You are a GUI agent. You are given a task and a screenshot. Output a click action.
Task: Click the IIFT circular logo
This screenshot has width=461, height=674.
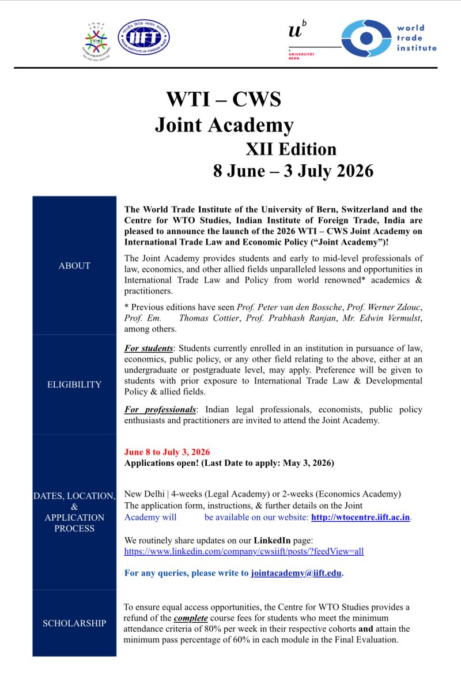point(143,37)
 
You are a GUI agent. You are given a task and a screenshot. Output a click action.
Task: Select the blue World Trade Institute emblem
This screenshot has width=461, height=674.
point(366,38)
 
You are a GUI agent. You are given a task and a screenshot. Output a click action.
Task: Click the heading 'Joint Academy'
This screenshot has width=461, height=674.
point(224,125)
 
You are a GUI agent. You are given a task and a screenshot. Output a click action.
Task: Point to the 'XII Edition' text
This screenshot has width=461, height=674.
point(291,149)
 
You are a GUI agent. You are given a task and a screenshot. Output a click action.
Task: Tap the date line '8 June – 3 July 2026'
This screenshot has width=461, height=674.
point(293,171)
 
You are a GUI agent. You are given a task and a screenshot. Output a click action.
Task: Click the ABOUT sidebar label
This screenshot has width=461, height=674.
point(74,266)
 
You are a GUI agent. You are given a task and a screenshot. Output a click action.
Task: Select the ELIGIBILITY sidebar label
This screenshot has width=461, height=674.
point(74,385)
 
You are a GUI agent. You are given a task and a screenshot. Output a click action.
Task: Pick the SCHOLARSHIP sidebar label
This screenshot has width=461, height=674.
point(74,623)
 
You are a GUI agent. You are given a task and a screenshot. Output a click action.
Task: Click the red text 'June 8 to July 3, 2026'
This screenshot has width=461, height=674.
point(167,452)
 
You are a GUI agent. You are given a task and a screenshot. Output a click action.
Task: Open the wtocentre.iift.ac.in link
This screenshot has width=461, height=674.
point(360,517)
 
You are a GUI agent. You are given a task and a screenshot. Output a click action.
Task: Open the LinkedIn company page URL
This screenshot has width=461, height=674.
point(244,551)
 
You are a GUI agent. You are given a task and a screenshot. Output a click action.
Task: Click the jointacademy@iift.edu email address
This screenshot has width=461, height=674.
point(296,573)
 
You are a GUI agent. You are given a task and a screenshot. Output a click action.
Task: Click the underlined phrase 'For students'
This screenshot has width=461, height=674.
point(149,349)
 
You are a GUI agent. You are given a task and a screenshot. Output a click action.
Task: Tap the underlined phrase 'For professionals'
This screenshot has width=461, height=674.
point(160,409)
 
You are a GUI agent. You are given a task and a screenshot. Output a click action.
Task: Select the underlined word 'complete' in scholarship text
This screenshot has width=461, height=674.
point(192,618)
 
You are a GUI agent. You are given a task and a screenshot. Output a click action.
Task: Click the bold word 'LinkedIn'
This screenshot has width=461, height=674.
point(273,540)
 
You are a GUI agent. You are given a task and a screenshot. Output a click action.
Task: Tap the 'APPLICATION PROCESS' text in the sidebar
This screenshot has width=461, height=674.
point(74,523)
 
